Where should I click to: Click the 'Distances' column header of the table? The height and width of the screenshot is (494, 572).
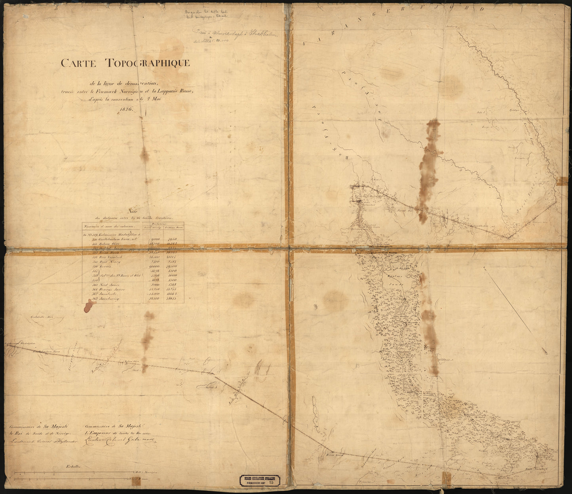[163, 224]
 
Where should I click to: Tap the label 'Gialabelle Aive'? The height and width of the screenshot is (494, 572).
[41, 317]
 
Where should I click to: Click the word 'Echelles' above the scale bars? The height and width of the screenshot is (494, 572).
[73, 467]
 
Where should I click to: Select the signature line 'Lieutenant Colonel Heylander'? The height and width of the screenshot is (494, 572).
[40, 440]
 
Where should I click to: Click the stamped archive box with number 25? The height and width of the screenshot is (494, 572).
[260, 481]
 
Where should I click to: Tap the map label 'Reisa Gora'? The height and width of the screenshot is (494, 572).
[333, 456]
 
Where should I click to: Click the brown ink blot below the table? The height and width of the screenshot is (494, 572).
[89, 306]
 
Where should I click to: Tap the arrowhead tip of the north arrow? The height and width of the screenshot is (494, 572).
[546, 352]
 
